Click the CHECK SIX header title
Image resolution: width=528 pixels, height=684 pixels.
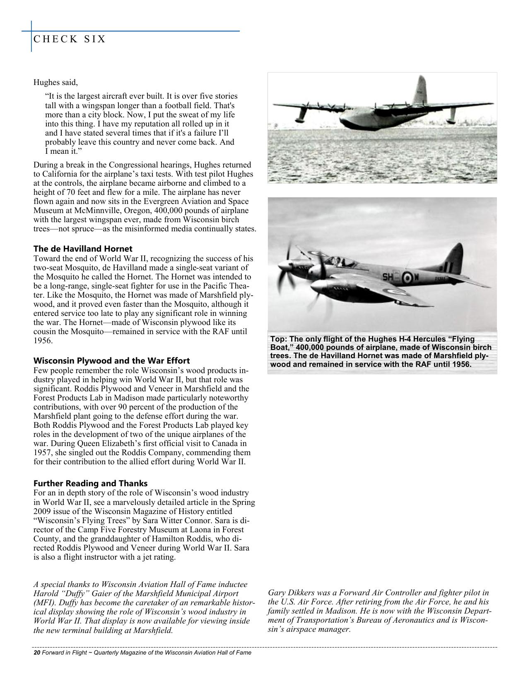69,39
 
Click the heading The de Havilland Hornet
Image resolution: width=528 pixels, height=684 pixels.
83,249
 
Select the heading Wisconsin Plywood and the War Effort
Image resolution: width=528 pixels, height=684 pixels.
111,360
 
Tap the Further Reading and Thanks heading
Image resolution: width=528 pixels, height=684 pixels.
90,483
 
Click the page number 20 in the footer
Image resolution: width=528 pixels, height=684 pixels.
36,652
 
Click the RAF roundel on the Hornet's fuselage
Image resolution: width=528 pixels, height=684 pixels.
407,277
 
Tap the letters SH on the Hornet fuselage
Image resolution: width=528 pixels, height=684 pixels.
388,277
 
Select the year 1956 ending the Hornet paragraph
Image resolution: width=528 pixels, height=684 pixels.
43,341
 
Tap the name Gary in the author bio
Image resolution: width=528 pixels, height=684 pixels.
277,593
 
